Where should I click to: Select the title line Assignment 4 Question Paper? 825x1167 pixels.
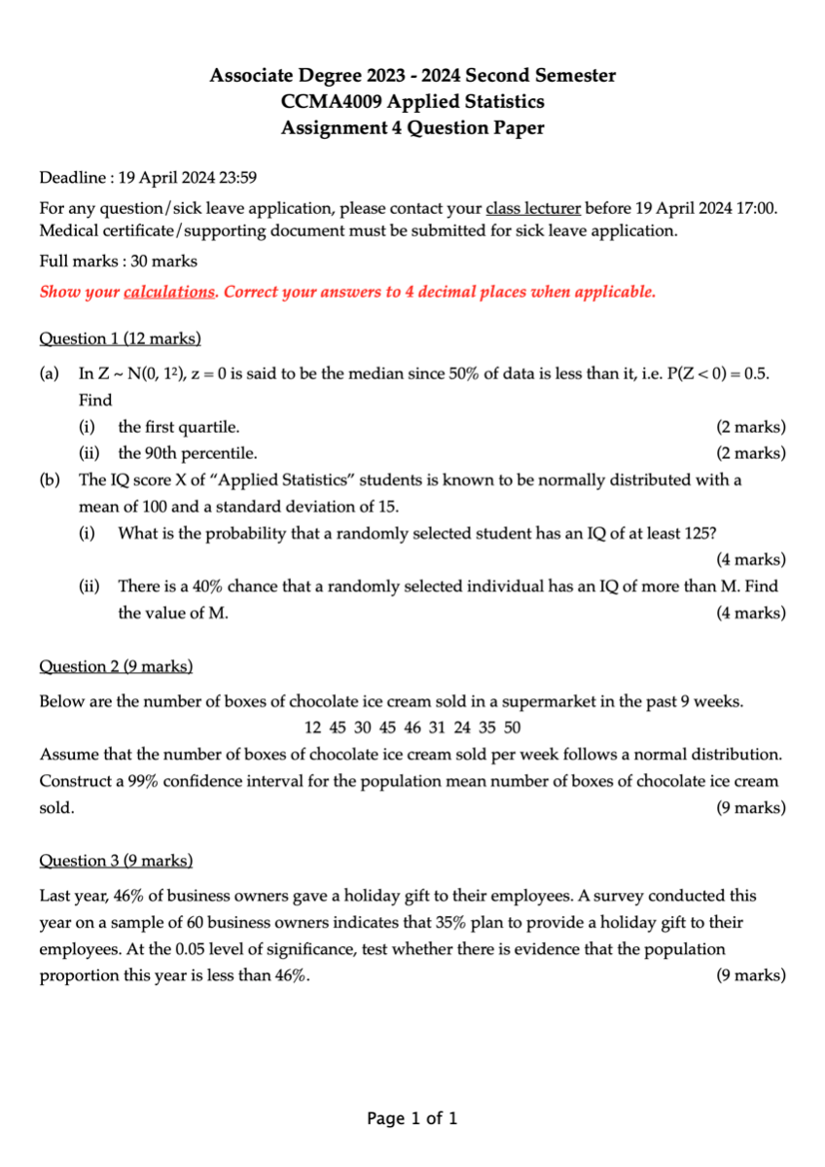click(412, 127)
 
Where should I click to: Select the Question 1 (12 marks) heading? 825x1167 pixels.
click(120, 338)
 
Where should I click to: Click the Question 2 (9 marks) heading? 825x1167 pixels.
click(116, 666)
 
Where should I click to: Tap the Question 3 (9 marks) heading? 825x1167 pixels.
click(116, 861)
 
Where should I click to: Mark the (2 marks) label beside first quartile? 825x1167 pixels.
click(751, 427)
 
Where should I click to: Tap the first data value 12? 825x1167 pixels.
click(312, 727)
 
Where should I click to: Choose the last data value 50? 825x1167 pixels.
click(512, 727)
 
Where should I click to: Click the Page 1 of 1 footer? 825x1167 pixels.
click(412, 1118)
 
